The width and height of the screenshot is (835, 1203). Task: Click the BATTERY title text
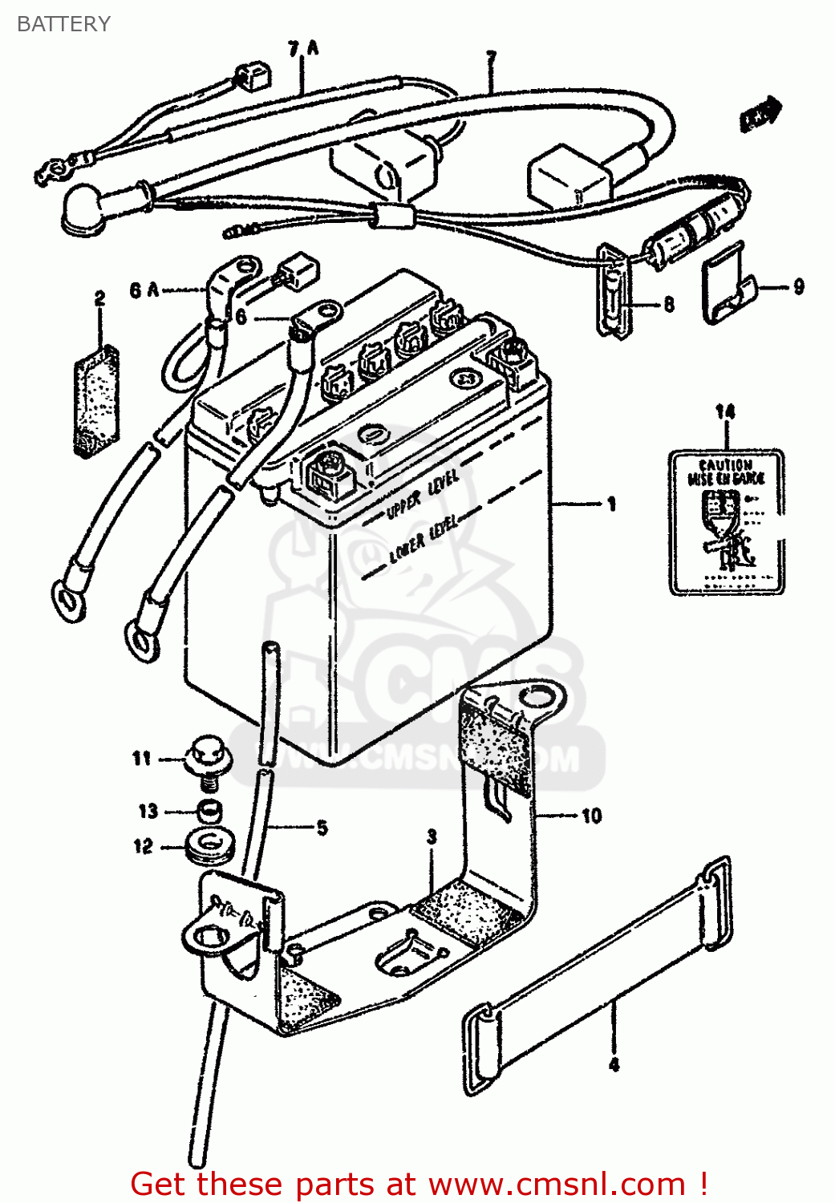[63, 24]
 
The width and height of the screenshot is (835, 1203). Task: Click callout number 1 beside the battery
[611, 504]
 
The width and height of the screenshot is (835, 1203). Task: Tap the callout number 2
[99, 299]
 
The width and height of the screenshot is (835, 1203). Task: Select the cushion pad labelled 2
[96, 401]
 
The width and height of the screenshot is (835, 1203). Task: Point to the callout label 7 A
[303, 50]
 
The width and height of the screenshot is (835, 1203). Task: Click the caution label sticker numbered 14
[726, 521]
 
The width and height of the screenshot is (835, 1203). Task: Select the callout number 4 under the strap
[614, 1065]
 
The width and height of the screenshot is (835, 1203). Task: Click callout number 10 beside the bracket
[591, 816]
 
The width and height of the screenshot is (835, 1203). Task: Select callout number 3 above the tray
[432, 837]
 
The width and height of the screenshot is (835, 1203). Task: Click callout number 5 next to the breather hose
[322, 828]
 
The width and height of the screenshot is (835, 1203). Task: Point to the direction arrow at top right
[760, 115]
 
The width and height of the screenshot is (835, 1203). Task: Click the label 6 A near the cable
[144, 290]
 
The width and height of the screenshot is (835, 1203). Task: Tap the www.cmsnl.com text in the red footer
[557, 1184]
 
